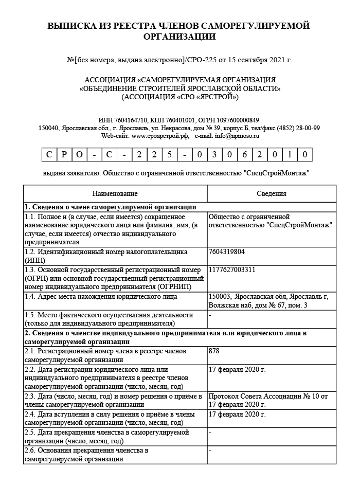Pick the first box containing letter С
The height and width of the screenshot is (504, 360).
tap(48, 154)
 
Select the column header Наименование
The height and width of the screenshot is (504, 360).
tap(115, 193)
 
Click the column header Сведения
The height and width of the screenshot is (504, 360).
tap(272, 193)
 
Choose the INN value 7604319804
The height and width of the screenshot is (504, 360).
tap(227, 251)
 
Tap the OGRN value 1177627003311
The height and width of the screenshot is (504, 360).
tap(232, 269)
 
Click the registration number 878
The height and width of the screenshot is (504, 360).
tap(214, 351)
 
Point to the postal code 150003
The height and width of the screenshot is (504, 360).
tap(220, 296)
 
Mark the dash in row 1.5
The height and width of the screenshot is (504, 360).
tap(210, 314)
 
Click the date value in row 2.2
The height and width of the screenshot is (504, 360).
tap(237, 369)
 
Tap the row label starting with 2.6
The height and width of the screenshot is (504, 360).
tap(87, 455)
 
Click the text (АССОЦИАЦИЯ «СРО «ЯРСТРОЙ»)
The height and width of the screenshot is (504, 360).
tap(180, 96)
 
